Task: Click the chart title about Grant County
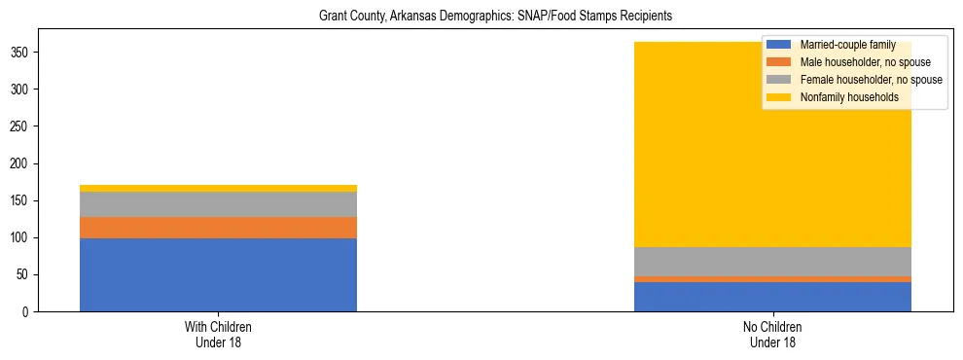click(x=496, y=17)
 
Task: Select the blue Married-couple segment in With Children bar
click(x=218, y=274)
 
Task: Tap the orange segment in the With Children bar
click(x=218, y=227)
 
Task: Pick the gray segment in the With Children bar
click(x=218, y=204)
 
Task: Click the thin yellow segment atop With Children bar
click(x=218, y=188)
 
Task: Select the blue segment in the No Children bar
click(x=772, y=297)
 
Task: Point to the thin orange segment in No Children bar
click(x=772, y=279)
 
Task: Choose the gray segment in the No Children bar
click(x=772, y=262)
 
